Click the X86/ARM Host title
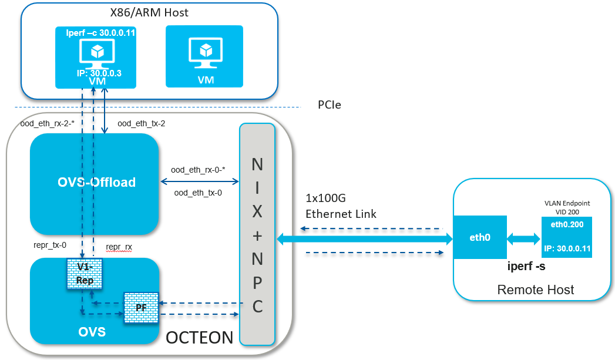pos(149,12)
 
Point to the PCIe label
pos(329,105)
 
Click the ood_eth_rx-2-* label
pos(45,123)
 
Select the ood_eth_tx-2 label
pos(141,123)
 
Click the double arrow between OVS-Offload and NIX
pos(199,181)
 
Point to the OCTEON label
pos(199,338)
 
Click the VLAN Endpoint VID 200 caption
pos(567,206)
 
